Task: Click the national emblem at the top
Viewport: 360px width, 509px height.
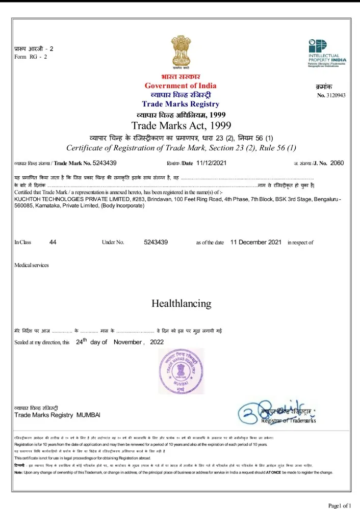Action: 180,51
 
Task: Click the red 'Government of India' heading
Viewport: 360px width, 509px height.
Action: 180,86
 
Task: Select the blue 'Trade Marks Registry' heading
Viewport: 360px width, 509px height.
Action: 181,104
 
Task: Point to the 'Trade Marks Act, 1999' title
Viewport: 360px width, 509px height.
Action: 181,125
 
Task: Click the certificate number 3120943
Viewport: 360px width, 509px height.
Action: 336,95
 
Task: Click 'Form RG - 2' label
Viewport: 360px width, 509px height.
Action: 31,57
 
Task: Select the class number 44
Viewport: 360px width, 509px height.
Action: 53,242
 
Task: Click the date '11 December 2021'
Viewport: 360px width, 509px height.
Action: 256,242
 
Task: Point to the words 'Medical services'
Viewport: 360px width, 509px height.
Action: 32,265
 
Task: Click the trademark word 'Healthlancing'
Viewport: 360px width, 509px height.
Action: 181,304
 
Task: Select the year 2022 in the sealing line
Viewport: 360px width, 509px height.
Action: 157,342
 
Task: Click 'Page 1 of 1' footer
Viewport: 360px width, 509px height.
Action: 340,505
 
